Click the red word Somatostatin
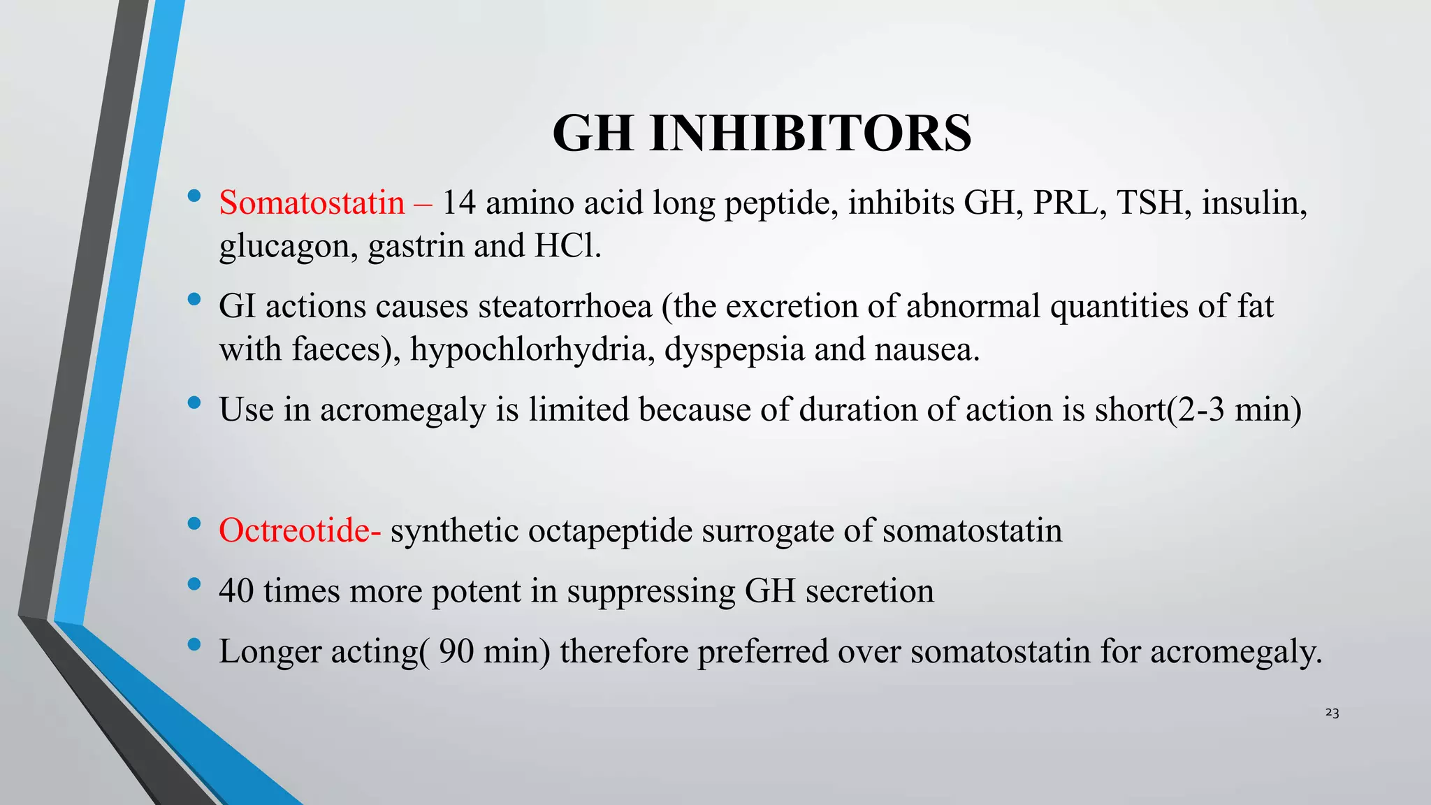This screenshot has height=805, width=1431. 312,203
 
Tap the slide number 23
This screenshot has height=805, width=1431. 1332,713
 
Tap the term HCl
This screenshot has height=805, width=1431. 567,245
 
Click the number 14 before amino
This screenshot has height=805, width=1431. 459,203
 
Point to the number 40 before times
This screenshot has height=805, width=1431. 236,590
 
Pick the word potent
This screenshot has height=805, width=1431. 476,591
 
